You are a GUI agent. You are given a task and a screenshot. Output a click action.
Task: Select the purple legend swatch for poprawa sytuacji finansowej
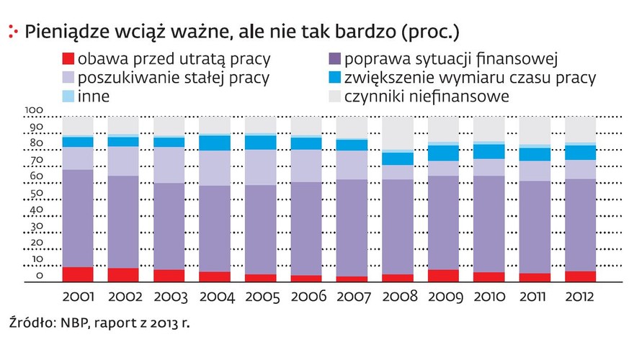tap(333, 59)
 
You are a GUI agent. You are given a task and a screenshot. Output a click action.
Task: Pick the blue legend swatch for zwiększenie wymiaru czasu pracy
tap(333, 77)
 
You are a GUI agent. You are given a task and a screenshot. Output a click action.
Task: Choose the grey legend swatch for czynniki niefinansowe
tap(333, 95)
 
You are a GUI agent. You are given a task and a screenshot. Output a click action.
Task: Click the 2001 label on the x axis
tap(78, 297)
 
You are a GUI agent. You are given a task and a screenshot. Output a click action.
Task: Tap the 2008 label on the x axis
tap(398, 297)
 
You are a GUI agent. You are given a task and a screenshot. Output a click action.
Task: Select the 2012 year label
tap(580, 297)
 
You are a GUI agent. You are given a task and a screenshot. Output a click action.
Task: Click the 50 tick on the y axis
tap(36, 194)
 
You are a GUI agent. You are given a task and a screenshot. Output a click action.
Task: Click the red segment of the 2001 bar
tap(78, 274)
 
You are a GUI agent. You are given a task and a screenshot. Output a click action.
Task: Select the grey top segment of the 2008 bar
tap(398, 133)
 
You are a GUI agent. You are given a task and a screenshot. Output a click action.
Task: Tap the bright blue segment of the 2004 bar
tap(215, 143)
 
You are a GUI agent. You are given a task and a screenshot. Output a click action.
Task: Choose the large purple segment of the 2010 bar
tap(489, 224)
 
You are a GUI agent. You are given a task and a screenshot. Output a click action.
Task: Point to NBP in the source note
tap(71, 322)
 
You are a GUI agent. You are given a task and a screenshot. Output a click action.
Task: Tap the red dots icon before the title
tap(12, 31)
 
